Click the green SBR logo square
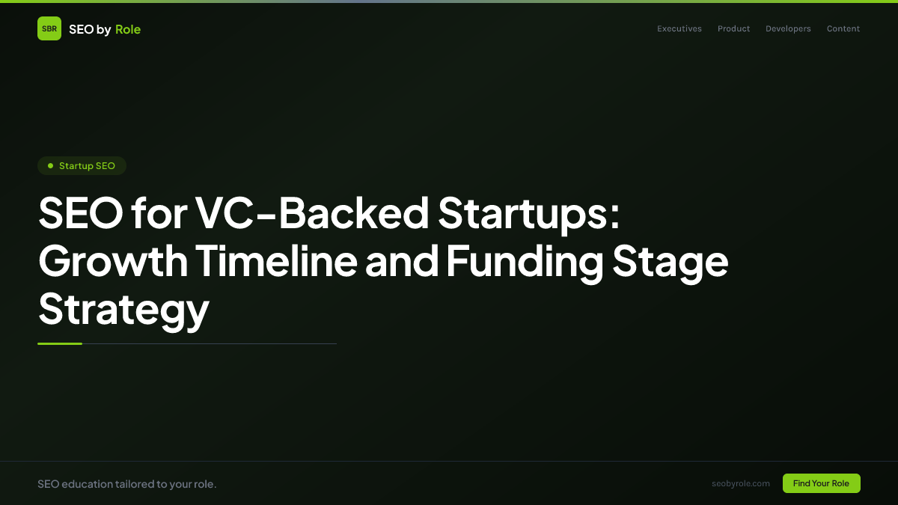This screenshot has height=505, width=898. [x=49, y=28]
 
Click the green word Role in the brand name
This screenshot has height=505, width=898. [x=128, y=29]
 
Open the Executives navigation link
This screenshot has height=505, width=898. [x=679, y=28]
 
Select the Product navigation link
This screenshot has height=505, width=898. [x=733, y=28]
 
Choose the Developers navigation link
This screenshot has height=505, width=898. [x=788, y=28]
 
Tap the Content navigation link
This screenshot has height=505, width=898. [x=843, y=28]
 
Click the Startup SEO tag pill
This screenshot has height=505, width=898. [x=82, y=165]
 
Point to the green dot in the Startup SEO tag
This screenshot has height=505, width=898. [x=50, y=165]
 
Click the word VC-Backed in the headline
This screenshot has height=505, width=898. [x=311, y=214]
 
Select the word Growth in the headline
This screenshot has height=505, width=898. [x=113, y=261]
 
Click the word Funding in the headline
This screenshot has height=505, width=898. [x=525, y=261]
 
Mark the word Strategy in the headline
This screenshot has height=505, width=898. [x=123, y=308]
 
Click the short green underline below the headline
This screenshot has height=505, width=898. [x=60, y=343]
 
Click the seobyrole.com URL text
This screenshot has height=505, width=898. [x=741, y=483]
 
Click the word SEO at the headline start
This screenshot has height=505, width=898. [x=80, y=214]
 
